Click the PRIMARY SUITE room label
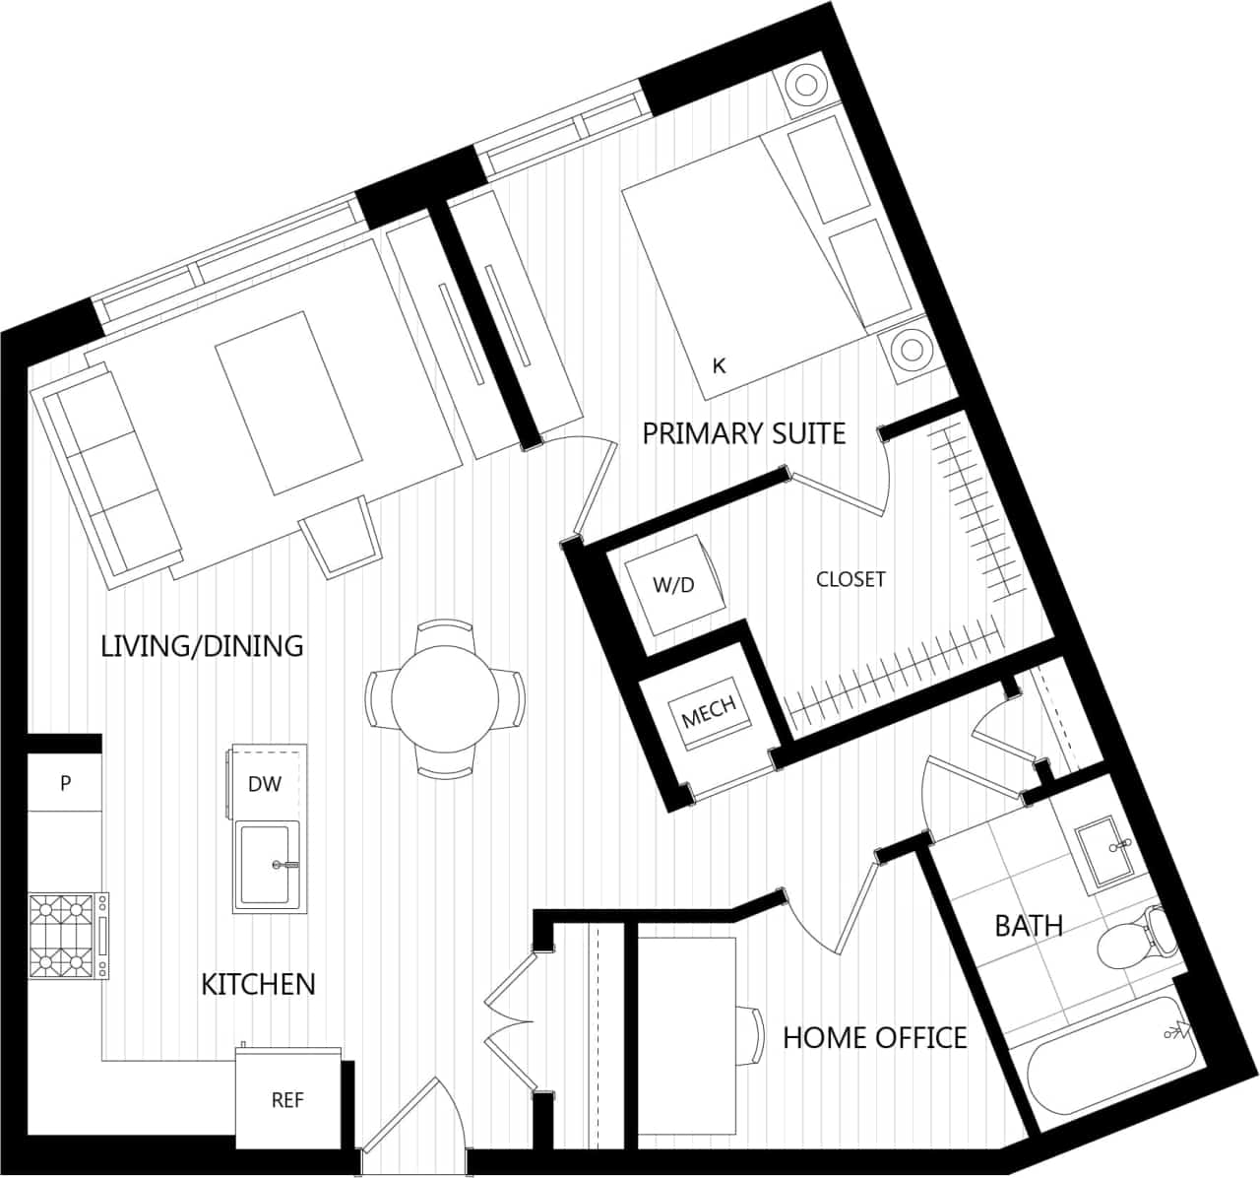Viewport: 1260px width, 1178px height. (x=743, y=433)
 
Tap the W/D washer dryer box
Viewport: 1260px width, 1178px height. (x=674, y=584)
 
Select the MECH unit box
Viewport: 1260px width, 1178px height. (x=710, y=714)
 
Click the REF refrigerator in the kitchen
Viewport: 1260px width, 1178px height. (x=287, y=1100)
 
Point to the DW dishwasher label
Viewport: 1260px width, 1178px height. (x=264, y=784)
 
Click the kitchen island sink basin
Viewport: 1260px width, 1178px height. (x=266, y=866)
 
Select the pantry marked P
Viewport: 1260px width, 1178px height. (x=65, y=783)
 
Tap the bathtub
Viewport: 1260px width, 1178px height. (x=1107, y=1069)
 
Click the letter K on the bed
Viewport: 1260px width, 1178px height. (x=719, y=365)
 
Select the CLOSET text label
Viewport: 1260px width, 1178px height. (x=850, y=579)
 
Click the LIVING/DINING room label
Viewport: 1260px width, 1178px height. (x=202, y=646)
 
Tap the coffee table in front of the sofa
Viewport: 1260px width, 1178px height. (x=289, y=403)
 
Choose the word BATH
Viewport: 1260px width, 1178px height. (x=1028, y=926)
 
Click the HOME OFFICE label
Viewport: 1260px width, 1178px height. (x=874, y=1037)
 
